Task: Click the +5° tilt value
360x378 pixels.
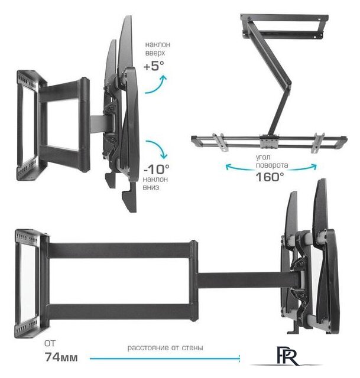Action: coord(154,66)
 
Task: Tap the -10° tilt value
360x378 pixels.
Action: coord(156,169)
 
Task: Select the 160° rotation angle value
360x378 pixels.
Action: coord(270,177)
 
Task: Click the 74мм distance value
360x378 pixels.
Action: coord(61,357)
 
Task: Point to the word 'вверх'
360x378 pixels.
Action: coord(155,53)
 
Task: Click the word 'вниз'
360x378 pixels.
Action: coord(151,187)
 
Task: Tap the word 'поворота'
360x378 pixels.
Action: coord(272,165)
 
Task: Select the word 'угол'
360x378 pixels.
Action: coord(263,158)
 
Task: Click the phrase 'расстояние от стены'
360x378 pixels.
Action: coord(165,348)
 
